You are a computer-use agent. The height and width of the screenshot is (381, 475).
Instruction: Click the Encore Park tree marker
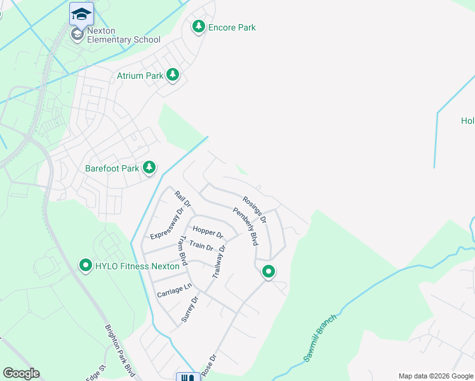click(199, 27)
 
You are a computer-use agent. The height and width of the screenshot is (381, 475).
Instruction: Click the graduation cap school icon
click(81, 13)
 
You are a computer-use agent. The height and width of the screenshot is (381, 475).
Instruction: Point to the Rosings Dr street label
click(255, 208)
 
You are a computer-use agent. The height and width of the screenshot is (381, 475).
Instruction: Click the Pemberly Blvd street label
click(245, 227)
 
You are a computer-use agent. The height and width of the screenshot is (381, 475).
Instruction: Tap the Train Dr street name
click(201, 246)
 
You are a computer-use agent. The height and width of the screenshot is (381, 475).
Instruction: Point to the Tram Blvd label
click(182, 251)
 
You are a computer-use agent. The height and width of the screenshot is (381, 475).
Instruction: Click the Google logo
click(21, 373)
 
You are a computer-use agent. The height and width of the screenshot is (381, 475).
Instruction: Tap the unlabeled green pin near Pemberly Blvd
click(269, 272)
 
